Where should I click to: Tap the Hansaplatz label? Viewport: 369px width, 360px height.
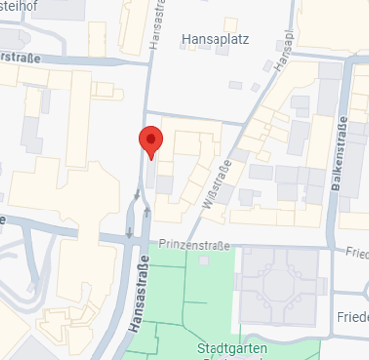[215, 39]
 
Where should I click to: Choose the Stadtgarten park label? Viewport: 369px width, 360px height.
[232, 348]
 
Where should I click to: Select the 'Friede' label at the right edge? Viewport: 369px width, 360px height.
[352, 318]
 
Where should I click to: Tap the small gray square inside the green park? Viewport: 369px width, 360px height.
[204, 261]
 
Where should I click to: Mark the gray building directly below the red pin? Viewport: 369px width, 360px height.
[163, 183]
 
